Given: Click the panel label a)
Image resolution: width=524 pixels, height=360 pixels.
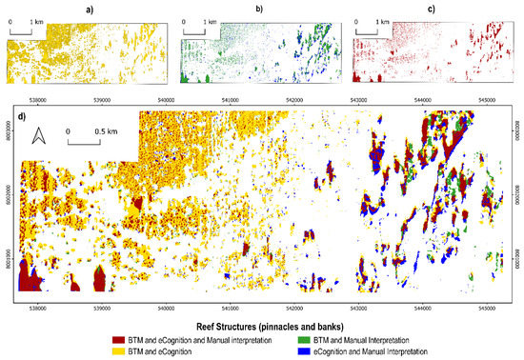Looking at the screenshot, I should (85, 9).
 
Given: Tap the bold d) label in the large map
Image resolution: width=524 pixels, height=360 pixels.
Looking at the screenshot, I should (21, 117).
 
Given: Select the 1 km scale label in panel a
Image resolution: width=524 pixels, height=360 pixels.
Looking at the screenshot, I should (36, 20).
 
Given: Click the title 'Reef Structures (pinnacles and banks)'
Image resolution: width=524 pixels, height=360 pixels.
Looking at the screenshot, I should (264, 324).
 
